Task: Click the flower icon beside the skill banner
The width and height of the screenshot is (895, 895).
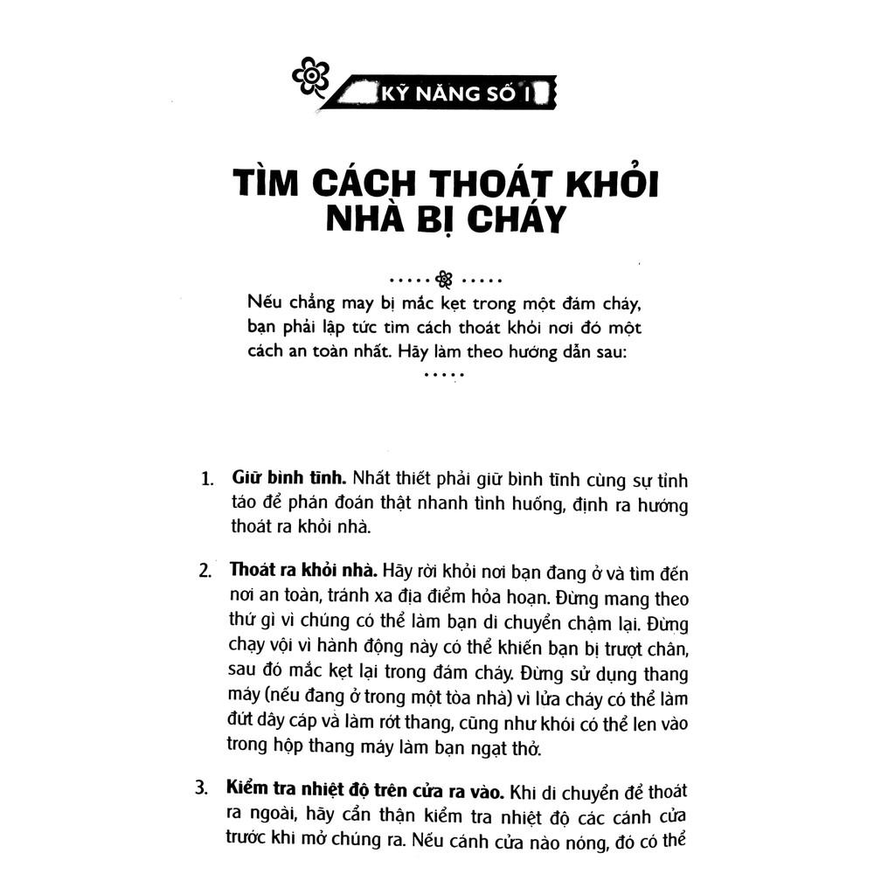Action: tap(310, 76)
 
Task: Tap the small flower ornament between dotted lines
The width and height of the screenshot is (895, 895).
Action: tap(445, 280)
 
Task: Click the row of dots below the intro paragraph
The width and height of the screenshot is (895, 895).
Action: tap(445, 376)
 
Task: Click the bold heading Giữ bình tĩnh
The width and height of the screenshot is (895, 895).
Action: tap(290, 479)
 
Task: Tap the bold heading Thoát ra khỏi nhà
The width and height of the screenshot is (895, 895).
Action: tap(302, 571)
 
